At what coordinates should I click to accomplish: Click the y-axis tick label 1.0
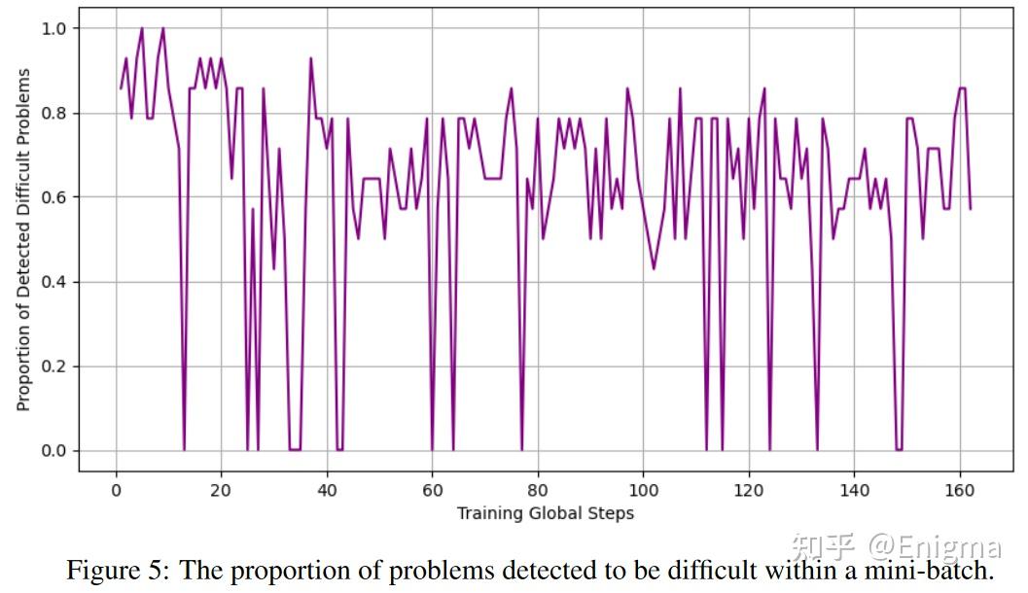coord(53,28)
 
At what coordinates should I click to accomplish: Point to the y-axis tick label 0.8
coord(53,113)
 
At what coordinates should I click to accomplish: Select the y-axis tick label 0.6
coord(53,197)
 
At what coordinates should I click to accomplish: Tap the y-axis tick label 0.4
coord(53,282)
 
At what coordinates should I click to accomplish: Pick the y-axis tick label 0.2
coord(53,366)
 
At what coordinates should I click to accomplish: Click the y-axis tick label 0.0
coord(53,451)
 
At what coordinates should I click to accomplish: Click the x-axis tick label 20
coord(221,490)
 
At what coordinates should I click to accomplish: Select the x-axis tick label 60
coord(432,490)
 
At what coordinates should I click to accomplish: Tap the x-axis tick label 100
coord(643,490)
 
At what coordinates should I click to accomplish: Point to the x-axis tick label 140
coord(854,490)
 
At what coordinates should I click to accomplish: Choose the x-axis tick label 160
coord(959,490)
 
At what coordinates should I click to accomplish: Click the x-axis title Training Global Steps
coord(546,513)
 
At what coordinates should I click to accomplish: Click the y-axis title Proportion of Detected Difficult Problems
coord(23,239)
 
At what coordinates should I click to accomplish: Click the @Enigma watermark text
coord(936,546)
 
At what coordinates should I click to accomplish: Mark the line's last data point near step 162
coord(971,209)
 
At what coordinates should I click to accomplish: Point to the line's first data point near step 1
coord(122,88)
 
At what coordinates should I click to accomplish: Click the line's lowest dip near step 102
coord(654,268)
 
